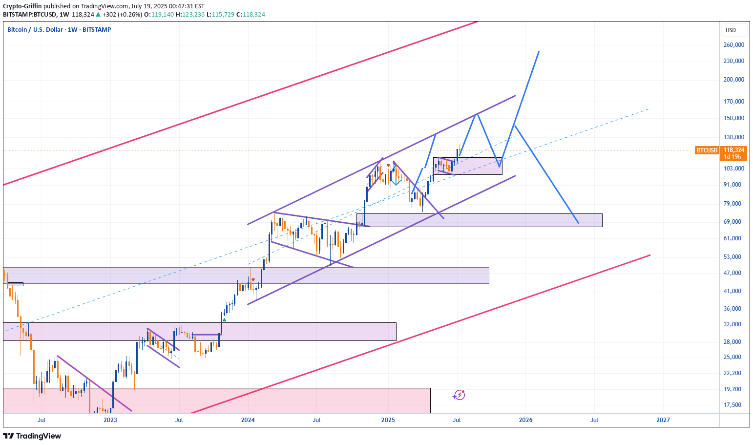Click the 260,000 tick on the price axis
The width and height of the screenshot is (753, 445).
(x=733, y=45)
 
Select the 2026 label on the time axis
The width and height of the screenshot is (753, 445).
(x=525, y=420)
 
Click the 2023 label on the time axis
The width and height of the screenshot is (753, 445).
(x=110, y=420)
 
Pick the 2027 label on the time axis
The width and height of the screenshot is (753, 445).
(x=663, y=420)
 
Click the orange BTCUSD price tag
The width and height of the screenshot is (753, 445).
(x=707, y=150)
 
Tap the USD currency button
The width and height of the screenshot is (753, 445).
(x=731, y=30)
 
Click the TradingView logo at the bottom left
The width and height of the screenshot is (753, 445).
(x=32, y=436)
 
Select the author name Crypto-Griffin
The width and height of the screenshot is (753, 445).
(x=22, y=6)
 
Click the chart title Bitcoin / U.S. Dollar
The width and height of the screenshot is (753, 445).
(x=35, y=30)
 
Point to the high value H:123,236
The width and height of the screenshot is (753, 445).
(x=191, y=15)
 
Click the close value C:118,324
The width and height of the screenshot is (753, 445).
(x=251, y=15)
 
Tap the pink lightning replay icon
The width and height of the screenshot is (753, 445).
(x=459, y=395)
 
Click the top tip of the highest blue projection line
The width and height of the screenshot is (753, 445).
(x=539, y=52)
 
